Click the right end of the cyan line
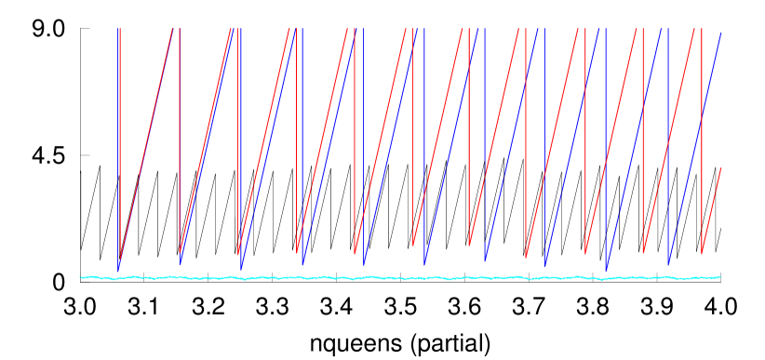coord(721,276)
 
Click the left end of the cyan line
coord(80,276)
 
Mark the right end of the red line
coord(721,167)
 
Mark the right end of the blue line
coord(721,33)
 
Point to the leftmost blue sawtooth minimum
coord(119,271)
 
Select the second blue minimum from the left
coord(181,264)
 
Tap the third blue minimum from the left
coord(241,270)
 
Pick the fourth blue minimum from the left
coord(302,265)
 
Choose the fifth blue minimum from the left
coord(364,265)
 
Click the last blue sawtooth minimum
coord(668,265)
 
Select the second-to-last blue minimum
coord(607,271)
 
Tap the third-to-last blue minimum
coord(545,266)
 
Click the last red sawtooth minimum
coord(702,254)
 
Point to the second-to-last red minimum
coord(643,253)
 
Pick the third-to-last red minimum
coord(585,254)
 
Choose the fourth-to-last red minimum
coord(526,258)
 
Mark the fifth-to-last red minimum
coord(469,247)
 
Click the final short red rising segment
coord(712,210)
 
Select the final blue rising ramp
coord(694,149)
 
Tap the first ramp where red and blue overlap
coord(146,149)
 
